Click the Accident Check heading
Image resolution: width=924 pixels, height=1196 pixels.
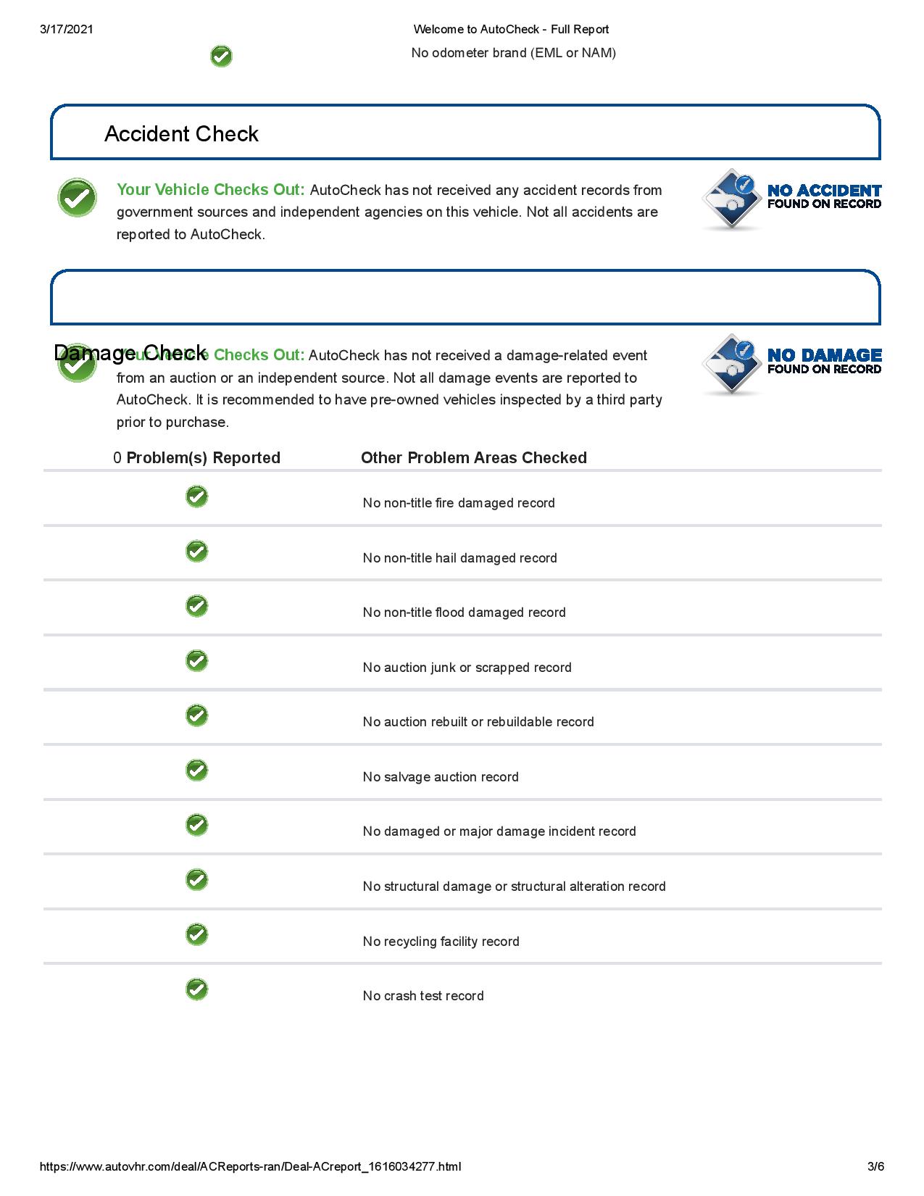tap(181, 134)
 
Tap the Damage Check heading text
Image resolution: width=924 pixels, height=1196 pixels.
tap(130, 353)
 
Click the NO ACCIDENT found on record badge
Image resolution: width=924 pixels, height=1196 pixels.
tap(791, 199)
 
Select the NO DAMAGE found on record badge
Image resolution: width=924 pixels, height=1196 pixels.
tap(791, 364)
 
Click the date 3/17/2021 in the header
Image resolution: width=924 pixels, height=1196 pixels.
tap(67, 30)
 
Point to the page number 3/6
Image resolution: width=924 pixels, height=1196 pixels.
tap(875, 1166)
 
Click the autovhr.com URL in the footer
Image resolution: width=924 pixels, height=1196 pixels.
tap(250, 1166)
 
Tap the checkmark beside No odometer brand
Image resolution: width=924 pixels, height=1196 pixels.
tap(221, 57)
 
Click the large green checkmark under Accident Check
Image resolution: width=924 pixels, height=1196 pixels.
tap(77, 198)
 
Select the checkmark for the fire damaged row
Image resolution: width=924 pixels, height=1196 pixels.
tap(196, 497)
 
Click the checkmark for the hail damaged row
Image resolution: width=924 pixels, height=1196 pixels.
tap(196, 552)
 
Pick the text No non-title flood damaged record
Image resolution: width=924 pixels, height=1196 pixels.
tap(464, 612)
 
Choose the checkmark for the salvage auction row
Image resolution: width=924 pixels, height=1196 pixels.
tap(196, 770)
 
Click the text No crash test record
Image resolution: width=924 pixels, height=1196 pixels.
tap(423, 996)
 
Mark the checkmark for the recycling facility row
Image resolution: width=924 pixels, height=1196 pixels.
tap(196, 934)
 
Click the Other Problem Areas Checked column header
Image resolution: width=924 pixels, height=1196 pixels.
tap(474, 458)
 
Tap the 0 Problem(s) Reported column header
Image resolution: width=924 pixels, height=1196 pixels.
tap(196, 458)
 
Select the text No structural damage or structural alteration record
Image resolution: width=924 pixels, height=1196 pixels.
tap(514, 886)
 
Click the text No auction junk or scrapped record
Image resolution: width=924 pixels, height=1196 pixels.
tap(467, 668)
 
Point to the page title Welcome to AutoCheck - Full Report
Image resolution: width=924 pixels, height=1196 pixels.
tap(511, 30)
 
